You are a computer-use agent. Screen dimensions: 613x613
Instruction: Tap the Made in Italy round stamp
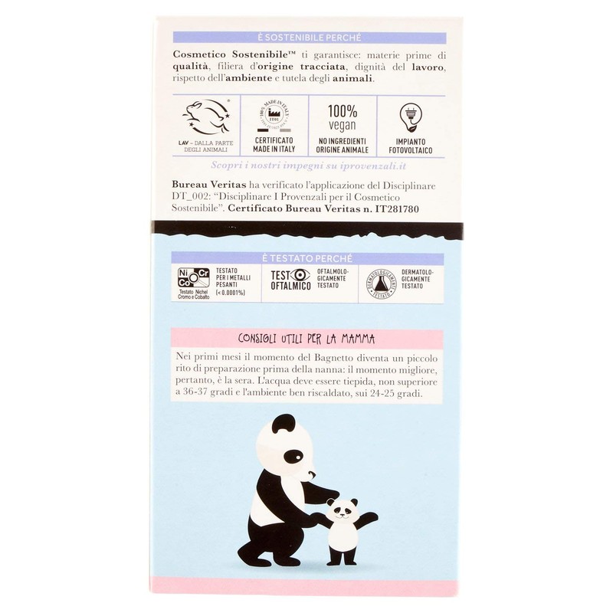(274, 117)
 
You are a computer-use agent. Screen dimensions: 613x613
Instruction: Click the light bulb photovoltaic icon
(411, 116)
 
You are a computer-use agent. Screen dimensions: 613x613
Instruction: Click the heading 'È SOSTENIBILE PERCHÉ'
(307, 37)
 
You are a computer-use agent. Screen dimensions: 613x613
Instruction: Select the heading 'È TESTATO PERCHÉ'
(307, 258)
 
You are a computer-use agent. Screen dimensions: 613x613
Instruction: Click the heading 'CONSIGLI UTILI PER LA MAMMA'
(306, 339)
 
